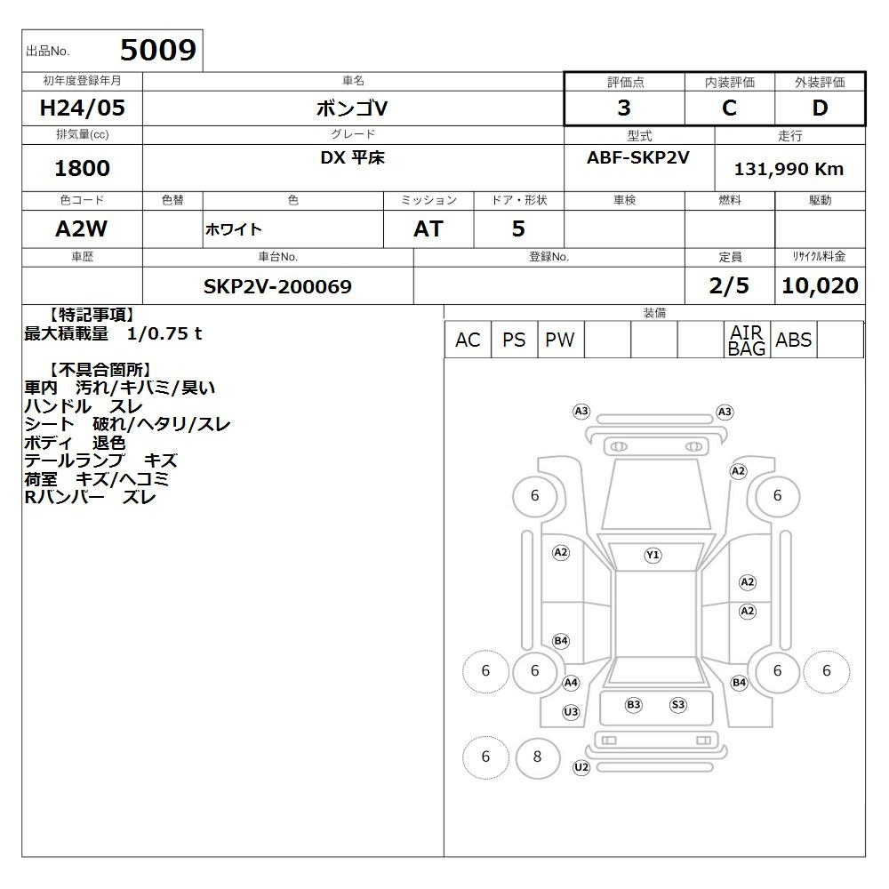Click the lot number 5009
(x=158, y=50)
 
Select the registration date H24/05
(x=82, y=108)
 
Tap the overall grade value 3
(x=624, y=108)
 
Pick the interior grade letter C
(x=729, y=108)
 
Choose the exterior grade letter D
(x=820, y=108)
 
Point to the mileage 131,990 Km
(x=789, y=169)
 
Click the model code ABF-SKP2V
(x=637, y=157)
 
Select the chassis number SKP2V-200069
(x=277, y=286)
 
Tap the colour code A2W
(x=81, y=228)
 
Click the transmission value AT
(x=428, y=228)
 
